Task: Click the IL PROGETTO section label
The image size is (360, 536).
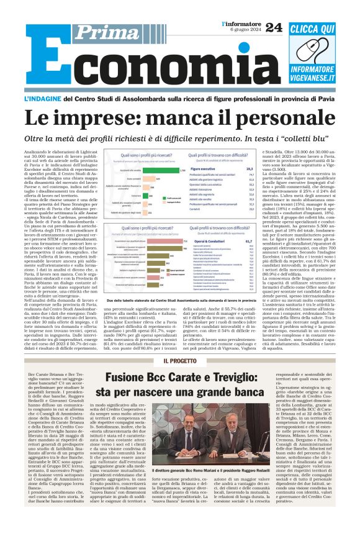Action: [179, 361]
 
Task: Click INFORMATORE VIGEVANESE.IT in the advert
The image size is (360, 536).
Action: [313, 65]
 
